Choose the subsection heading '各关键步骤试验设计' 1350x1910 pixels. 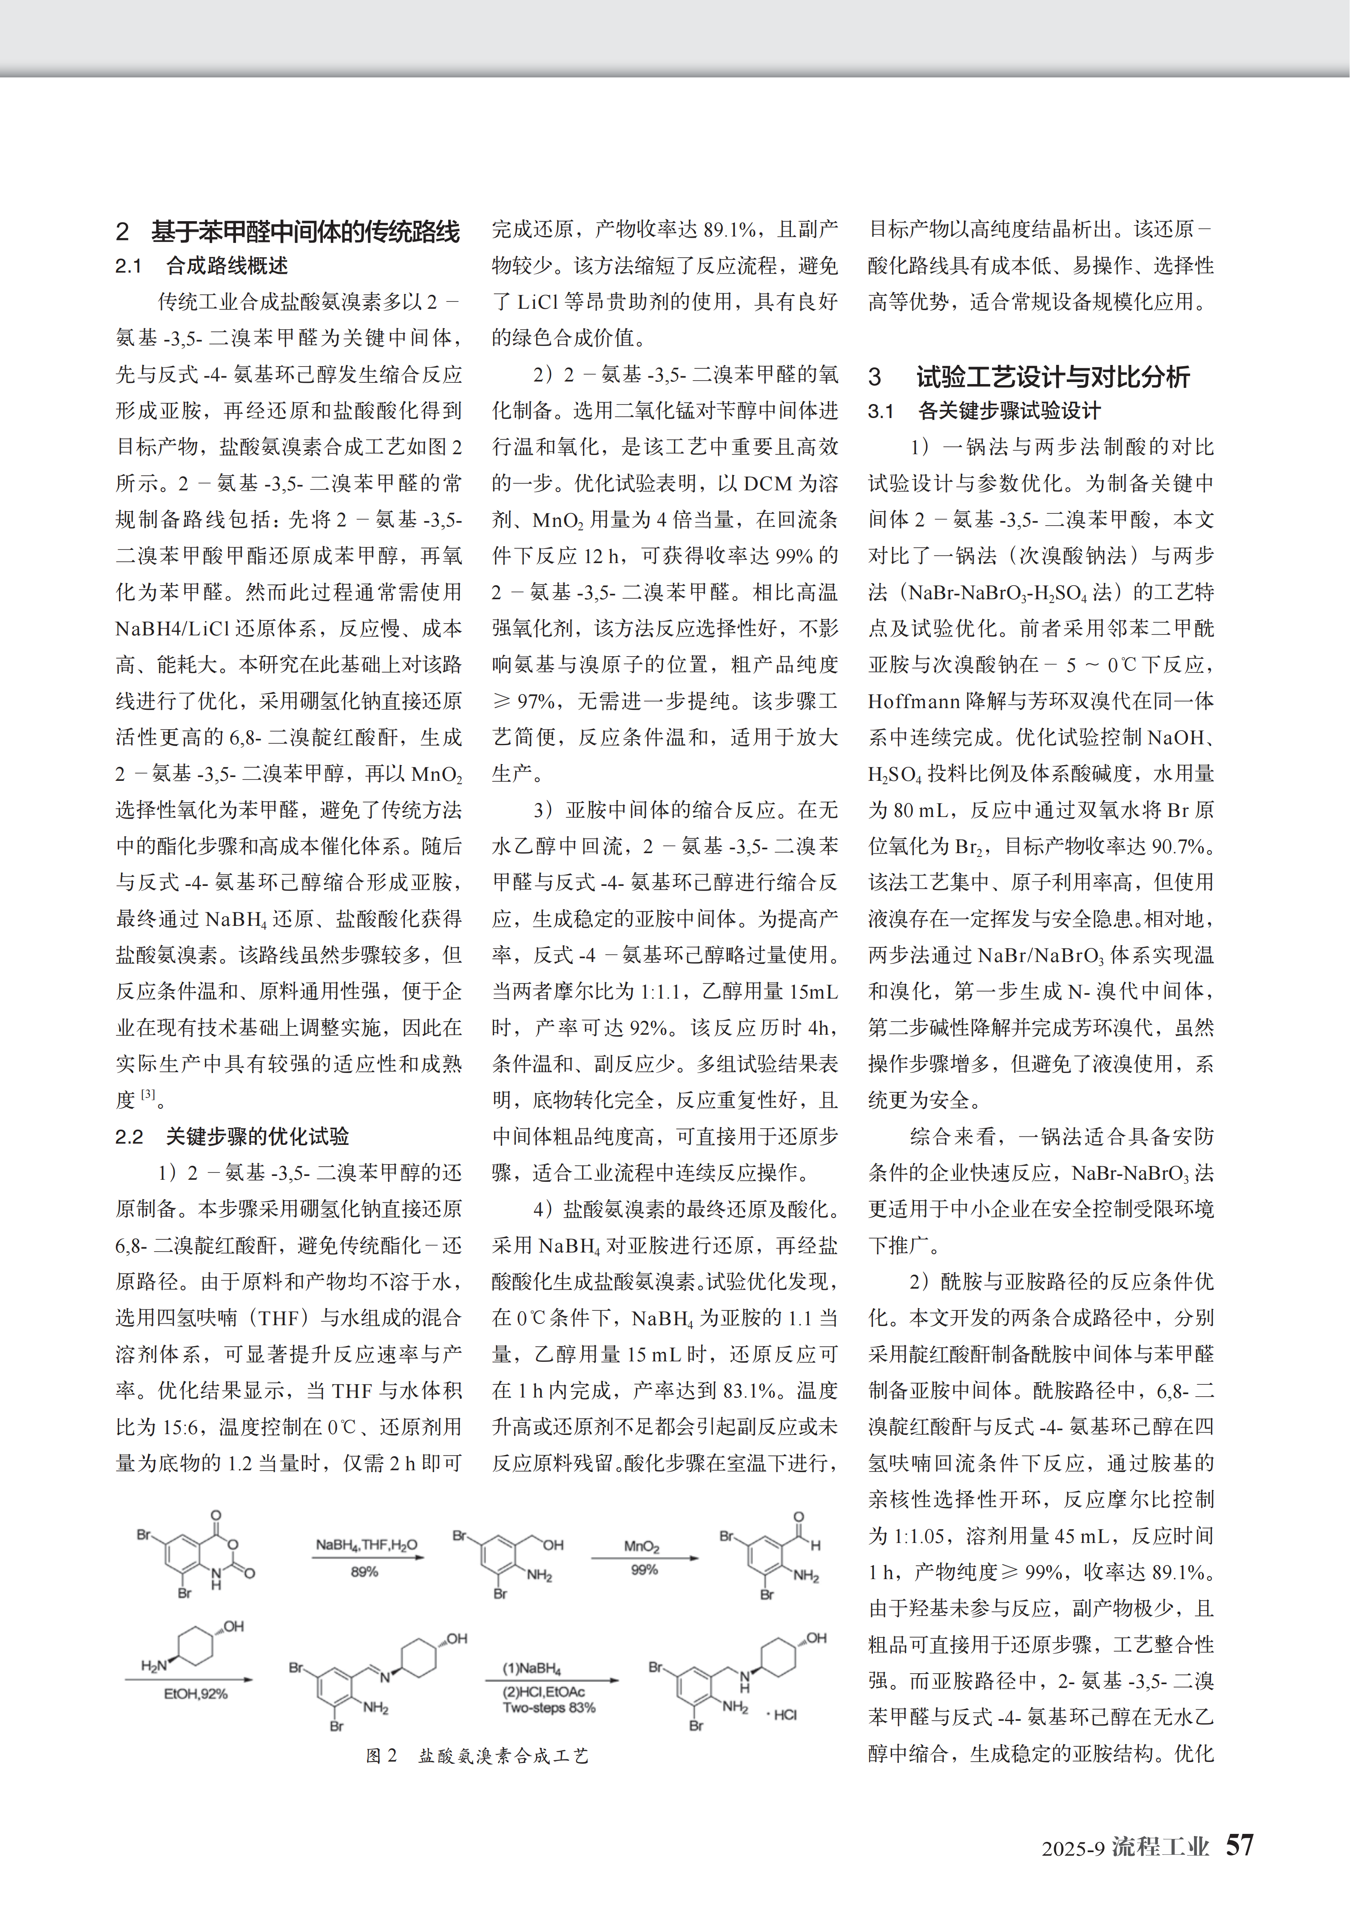(1009, 411)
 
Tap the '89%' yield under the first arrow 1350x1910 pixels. (364, 1571)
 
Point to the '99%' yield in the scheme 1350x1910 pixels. (644, 1570)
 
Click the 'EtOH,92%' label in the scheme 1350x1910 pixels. (196, 1694)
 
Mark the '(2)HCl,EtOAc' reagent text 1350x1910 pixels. (543, 1692)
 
